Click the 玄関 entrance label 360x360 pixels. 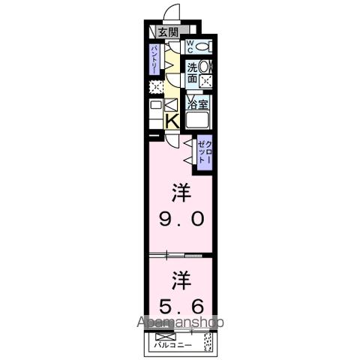169,31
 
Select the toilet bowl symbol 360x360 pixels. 205,46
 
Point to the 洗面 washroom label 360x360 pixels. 192,71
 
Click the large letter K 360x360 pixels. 171,120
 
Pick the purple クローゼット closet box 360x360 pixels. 204,153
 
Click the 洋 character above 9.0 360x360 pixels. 180,193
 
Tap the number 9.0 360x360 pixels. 180,220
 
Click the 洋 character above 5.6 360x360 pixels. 180,280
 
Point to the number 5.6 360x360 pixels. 180,307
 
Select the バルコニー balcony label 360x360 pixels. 173,346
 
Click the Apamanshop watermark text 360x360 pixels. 180,323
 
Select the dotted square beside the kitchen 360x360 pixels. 155,87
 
